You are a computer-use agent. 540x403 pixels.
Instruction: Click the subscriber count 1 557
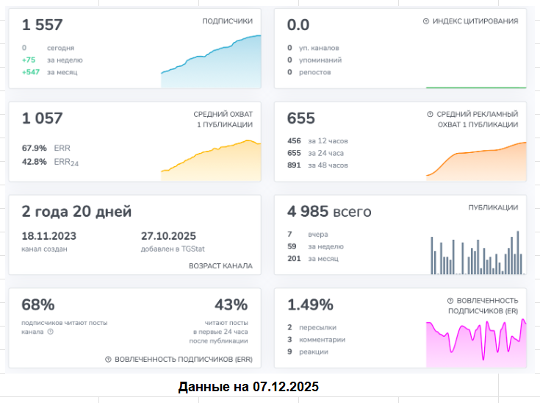[x=42, y=25]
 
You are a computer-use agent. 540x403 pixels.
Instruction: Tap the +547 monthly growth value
[x=29, y=72]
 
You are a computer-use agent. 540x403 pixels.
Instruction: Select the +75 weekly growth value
[x=29, y=60]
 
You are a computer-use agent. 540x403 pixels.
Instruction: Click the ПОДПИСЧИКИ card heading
[x=227, y=21]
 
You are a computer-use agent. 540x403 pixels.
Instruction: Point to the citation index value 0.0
[x=298, y=25]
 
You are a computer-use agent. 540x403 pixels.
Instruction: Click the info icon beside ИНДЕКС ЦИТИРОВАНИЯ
[x=426, y=21]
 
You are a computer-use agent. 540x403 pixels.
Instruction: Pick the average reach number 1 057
[x=42, y=118]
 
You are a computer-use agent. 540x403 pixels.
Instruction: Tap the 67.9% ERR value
[x=35, y=148]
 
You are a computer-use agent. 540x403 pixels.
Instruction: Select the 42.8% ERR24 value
[x=35, y=161]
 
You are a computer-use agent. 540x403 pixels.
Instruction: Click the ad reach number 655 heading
[x=301, y=118]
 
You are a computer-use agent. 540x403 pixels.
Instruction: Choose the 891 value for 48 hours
[x=294, y=165]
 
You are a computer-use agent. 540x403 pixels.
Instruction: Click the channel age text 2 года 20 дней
[x=76, y=212]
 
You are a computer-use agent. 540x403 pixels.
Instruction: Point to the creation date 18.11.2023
[x=49, y=236]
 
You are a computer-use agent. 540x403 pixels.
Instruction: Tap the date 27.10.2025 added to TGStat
[x=168, y=236]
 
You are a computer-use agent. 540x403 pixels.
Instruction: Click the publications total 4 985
[x=308, y=212]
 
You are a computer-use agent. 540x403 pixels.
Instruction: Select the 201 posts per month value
[x=294, y=259]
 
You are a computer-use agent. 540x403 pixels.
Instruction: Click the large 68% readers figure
[x=38, y=305]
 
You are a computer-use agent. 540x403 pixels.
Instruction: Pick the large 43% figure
[x=231, y=305]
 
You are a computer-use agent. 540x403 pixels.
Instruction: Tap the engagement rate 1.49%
[x=310, y=305]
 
